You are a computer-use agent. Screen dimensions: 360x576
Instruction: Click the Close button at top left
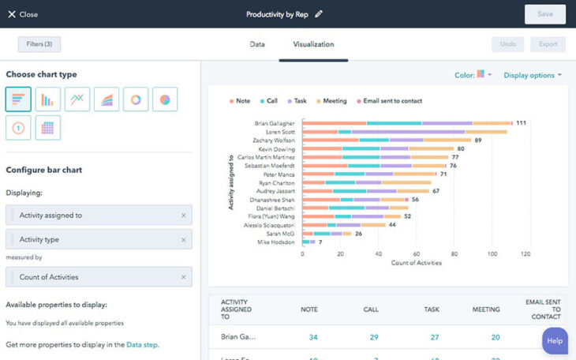(23, 14)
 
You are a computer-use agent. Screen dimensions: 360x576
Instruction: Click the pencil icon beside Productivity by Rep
(319, 14)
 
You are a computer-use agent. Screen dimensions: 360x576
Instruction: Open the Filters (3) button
(39, 44)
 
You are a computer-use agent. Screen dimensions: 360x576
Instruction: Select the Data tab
(257, 44)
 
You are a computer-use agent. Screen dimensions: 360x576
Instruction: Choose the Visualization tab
(313, 44)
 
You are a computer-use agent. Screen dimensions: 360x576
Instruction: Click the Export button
(548, 44)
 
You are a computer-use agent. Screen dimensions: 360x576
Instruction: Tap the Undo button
(508, 44)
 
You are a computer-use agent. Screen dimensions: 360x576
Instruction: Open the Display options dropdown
(533, 75)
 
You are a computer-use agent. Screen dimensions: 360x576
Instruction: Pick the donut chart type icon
(136, 99)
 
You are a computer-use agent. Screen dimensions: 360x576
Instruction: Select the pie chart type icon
(165, 99)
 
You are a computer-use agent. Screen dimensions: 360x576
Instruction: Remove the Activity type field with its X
(183, 239)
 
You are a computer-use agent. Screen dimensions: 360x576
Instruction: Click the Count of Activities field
(95, 277)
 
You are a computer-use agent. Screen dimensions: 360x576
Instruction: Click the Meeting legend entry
(331, 101)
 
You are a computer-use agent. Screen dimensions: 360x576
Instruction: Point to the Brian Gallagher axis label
(275, 123)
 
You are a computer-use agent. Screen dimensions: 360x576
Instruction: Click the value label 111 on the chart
(521, 123)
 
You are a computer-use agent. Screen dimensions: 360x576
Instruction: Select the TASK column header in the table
(432, 309)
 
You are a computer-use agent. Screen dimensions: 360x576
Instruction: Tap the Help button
(555, 340)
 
